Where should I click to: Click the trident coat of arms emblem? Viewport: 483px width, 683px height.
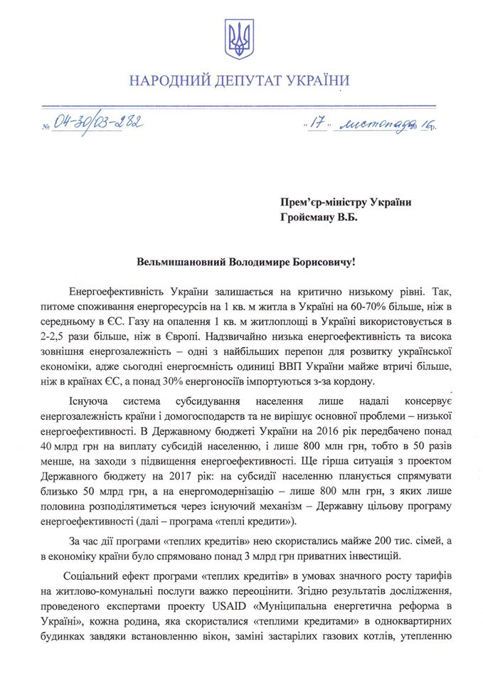pos(240,39)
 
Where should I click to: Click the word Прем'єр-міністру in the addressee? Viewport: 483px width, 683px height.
pos(326,202)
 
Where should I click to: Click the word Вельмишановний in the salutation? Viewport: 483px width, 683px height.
pos(182,260)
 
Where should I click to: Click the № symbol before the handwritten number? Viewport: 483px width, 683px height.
pos(46,129)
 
